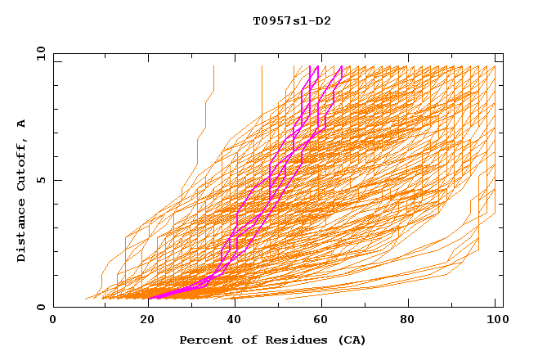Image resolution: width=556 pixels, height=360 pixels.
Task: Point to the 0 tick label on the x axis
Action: click(53, 320)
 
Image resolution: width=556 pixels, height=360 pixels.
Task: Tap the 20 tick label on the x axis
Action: click(142, 320)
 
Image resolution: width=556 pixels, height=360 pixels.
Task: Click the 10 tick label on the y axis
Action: click(40, 53)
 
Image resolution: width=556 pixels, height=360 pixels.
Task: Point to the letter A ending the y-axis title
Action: click(21, 124)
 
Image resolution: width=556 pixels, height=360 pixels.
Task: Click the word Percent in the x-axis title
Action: click(204, 340)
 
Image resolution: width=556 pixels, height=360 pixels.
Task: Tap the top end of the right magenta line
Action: click(342, 66)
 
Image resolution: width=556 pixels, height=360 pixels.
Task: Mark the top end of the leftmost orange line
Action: click(213, 66)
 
